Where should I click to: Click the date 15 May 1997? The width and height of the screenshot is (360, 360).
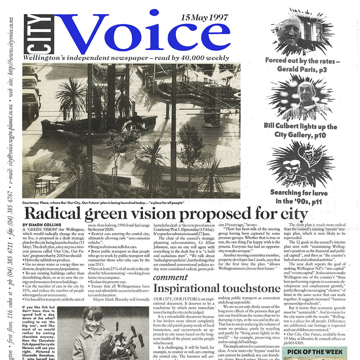coord(205,18)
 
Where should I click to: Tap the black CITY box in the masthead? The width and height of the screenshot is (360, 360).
coord(39,34)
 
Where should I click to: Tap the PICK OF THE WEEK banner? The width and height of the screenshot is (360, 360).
coord(314,352)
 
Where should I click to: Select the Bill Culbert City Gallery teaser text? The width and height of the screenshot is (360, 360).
coord(300,130)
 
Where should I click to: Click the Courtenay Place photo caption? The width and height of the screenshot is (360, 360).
coord(103,203)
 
